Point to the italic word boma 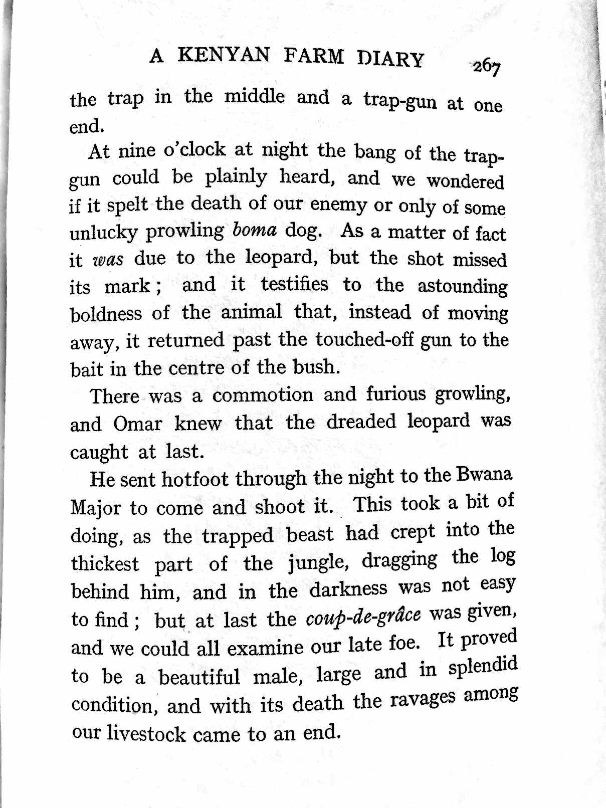[255, 230]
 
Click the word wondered [465, 181]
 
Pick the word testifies [294, 285]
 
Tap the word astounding [462, 287]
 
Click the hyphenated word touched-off [364, 340]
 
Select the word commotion [262, 395]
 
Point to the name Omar [137, 424]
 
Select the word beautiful [199, 677]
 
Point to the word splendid [482, 667]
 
